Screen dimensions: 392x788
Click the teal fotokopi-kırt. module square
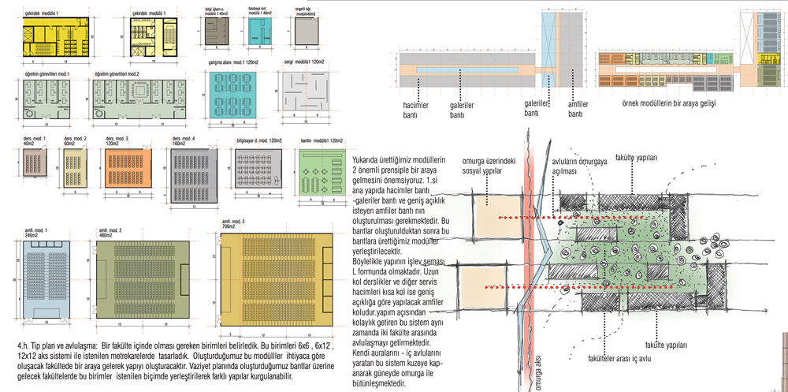point(260,33)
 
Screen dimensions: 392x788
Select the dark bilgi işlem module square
point(214,33)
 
